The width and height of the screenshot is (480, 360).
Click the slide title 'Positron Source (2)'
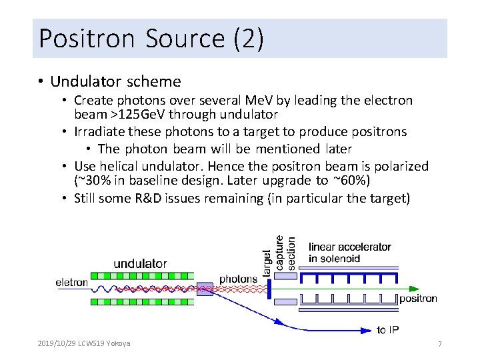point(151,38)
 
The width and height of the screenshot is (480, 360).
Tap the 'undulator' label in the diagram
point(140,263)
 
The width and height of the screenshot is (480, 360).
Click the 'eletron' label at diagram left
point(71,283)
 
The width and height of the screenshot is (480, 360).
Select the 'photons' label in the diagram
point(238,279)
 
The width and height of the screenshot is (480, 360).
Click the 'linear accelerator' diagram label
point(349,247)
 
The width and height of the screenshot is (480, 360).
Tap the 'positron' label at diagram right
point(418,299)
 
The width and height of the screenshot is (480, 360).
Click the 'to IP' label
point(388,329)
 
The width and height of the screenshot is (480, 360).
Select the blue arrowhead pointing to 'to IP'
point(367,329)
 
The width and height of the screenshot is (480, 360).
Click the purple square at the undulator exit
point(205,289)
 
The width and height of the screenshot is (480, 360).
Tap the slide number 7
point(439,344)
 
